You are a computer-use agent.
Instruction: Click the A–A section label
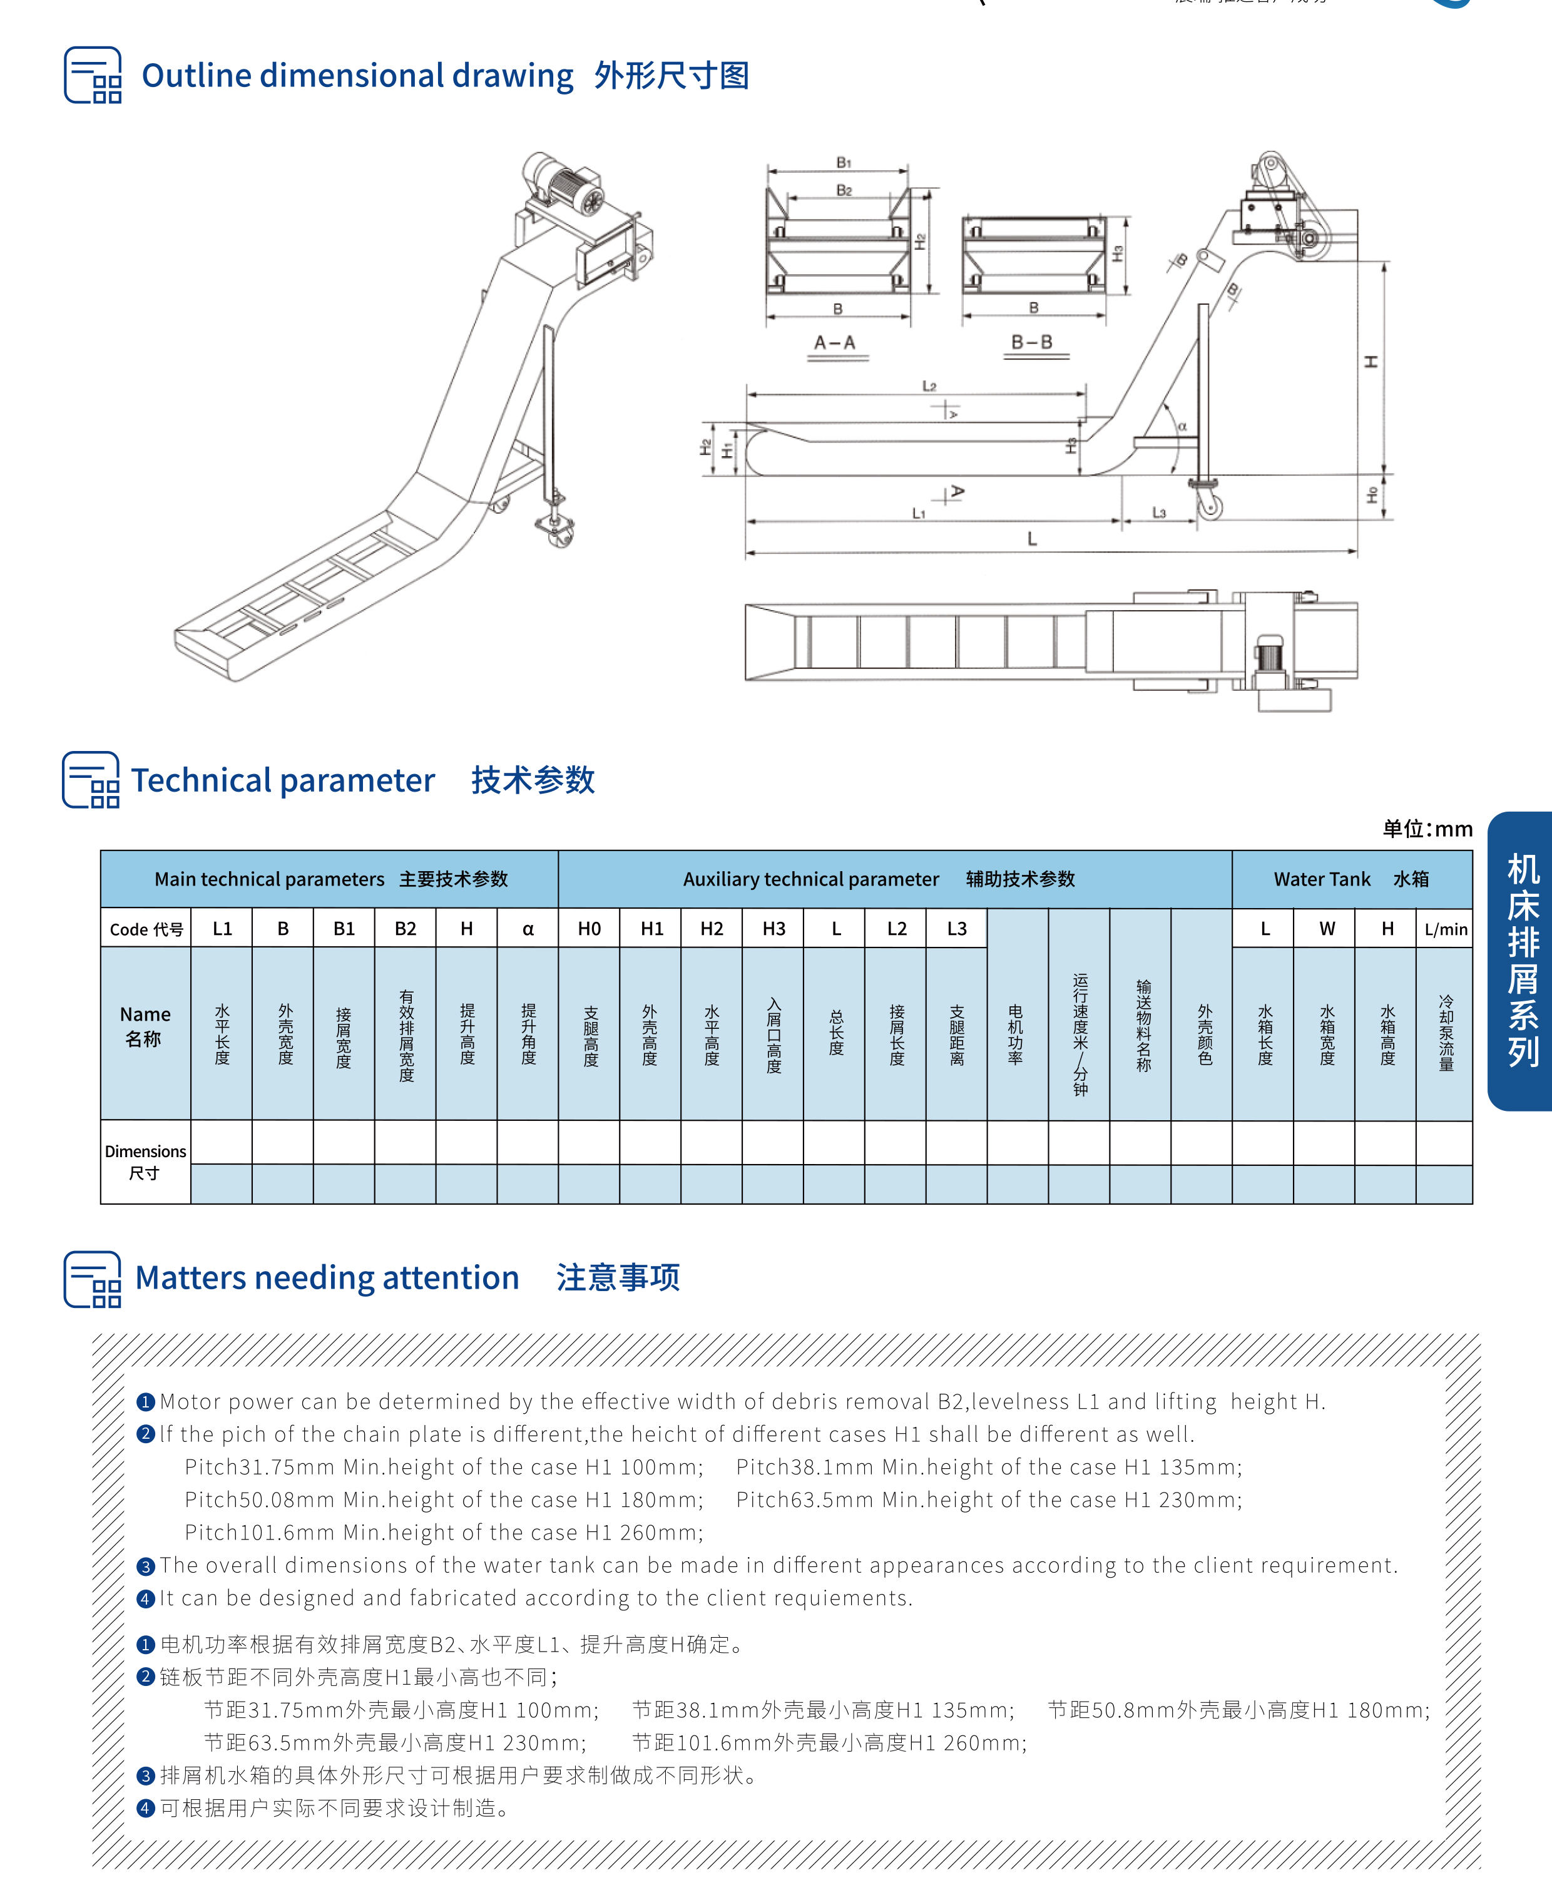click(835, 343)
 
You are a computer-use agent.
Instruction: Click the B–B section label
click(1032, 342)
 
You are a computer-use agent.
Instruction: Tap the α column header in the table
click(528, 929)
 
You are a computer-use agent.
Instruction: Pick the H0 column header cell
click(589, 929)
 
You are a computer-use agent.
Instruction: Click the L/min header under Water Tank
click(1446, 929)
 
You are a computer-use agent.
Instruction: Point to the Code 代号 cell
click(146, 929)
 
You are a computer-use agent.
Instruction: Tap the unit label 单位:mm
click(1427, 829)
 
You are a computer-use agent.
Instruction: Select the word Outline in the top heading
click(197, 76)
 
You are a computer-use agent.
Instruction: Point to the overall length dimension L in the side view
click(1032, 539)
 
